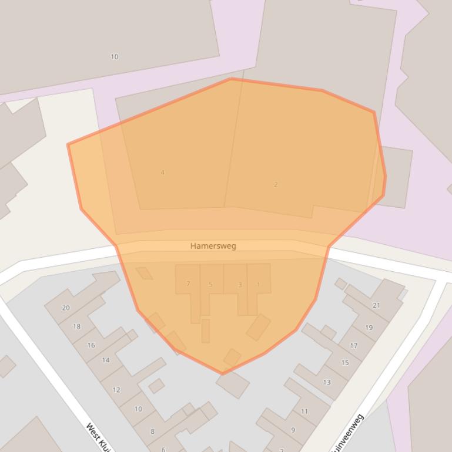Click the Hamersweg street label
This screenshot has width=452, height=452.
(213, 246)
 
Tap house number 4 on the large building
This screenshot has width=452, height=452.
(163, 173)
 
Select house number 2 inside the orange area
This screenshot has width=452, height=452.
(276, 184)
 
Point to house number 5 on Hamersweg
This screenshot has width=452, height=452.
(210, 285)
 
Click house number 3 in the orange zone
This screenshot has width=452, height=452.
(240, 285)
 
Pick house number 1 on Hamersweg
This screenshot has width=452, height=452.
(258, 285)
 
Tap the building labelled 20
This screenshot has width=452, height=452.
(66, 308)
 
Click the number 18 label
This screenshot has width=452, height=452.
(77, 326)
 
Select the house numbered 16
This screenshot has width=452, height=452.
(91, 345)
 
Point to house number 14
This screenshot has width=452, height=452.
(106, 360)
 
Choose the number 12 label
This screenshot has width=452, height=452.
(116, 390)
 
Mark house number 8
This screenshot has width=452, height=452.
(152, 431)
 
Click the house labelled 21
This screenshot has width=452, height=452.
(376, 305)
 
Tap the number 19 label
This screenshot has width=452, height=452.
(369, 328)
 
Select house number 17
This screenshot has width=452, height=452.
(353, 346)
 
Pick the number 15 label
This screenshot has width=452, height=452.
(345, 363)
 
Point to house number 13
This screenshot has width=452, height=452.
(327, 382)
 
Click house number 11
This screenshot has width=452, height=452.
(304, 411)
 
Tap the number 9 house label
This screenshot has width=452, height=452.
(293, 430)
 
